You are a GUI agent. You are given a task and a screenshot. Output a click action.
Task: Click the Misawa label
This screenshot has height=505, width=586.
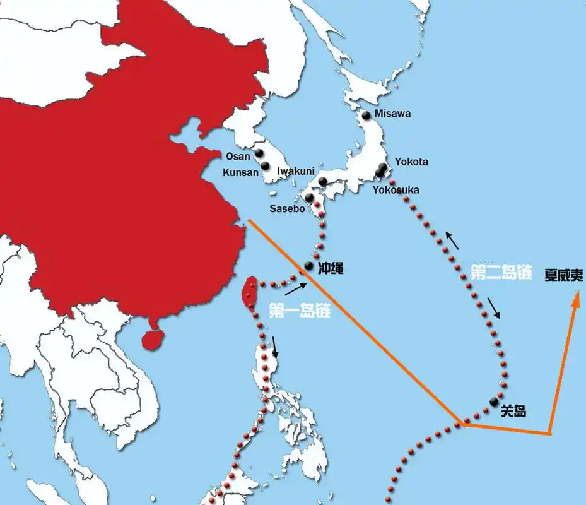click(x=392, y=114)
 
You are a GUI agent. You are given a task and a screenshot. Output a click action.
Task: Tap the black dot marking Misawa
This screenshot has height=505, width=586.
click(x=366, y=115)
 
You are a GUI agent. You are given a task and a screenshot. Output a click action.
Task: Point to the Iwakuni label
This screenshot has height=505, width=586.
click(x=296, y=170)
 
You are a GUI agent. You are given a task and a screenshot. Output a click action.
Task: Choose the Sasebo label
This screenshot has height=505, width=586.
click(x=287, y=208)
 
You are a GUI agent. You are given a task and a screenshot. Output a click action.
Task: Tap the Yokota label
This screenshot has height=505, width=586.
click(x=411, y=162)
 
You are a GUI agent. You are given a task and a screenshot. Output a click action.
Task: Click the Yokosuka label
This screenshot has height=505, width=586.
click(x=396, y=189)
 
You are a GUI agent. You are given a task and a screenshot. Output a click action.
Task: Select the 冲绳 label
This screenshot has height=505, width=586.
click(x=331, y=268)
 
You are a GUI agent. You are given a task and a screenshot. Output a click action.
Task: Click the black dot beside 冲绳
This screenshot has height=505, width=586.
click(x=308, y=265)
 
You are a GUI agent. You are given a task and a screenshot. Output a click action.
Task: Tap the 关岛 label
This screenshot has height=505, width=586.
click(x=513, y=412)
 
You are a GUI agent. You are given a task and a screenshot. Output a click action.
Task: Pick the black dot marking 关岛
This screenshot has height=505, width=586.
click(x=493, y=401)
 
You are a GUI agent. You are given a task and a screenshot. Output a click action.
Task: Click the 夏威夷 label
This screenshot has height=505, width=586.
click(x=565, y=276)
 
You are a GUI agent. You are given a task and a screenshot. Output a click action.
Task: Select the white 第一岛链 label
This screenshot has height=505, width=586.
click(x=300, y=311)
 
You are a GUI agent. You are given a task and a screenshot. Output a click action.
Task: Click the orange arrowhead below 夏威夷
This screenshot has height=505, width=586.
click(x=575, y=304)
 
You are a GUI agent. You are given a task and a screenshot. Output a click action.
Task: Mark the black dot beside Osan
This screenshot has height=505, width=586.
click(x=259, y=153)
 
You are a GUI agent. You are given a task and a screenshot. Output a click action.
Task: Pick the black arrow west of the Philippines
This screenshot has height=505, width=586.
click(x=274, y=348)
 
